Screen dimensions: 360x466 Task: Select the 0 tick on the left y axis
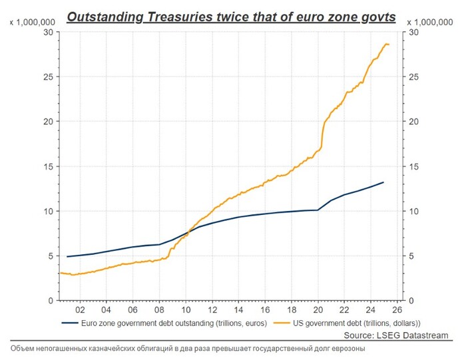pos(51,301)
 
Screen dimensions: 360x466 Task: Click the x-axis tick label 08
pos(158,310)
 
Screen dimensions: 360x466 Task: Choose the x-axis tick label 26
pos(397,310)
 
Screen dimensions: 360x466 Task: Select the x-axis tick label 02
pos(79,310)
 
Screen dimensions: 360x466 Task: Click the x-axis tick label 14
pos(238,310)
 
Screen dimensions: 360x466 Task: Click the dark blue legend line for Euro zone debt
pos(69,323)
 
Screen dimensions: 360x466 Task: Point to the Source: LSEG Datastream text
pos(396,335)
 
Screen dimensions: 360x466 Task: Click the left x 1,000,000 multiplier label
pos(32,22)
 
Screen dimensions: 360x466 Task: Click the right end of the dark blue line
pos(383,182)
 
